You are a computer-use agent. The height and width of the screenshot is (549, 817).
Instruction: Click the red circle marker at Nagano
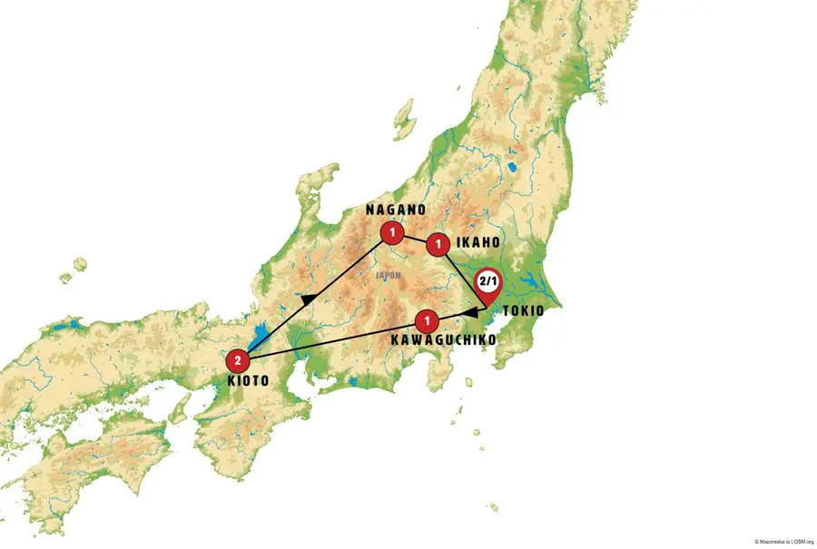click(x=392, y=233)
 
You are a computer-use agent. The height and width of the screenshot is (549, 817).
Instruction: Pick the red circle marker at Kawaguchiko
click(x=427, y=320)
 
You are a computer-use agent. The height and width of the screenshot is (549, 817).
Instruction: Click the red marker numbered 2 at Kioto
click(x=238, y=358)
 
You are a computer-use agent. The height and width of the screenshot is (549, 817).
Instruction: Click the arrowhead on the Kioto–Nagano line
click(x=309, y=299)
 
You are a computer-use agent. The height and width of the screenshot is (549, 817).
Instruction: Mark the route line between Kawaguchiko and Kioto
click(x=336, y=339)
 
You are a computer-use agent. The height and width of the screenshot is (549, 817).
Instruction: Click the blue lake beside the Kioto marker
click(x=258, y=339)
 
